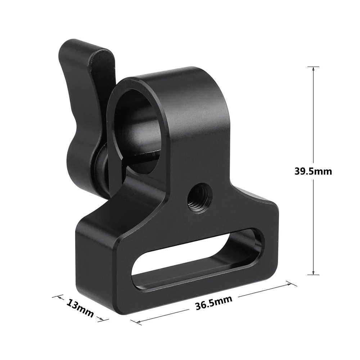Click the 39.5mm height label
[313, 171]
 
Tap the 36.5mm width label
[213, 302]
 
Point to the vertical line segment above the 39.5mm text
[313, 115]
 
